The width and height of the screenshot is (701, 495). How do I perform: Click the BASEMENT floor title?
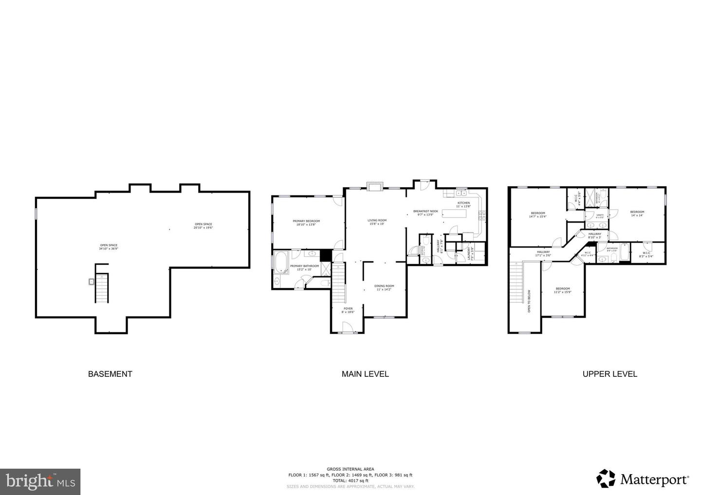point(110,374)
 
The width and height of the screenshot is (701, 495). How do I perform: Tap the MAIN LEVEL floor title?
point(365,374)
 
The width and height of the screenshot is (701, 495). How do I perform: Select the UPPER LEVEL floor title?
point(610,374)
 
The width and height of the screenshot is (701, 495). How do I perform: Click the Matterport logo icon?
point(606,478)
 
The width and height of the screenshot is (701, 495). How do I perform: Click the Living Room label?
point(377,222)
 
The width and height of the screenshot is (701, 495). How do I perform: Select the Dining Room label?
point(384,287)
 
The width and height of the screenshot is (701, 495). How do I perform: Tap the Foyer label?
point(348,310)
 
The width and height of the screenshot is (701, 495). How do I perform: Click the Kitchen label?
point(463,204)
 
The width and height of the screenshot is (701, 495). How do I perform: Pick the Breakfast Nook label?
point(425,212)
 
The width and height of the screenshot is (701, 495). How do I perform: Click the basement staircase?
point(102,288)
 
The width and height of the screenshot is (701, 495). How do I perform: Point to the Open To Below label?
point(529,301)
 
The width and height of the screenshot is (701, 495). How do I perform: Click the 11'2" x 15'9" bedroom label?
point(563,290)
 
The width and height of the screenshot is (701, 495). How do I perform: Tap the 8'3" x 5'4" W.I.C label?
point(646,254)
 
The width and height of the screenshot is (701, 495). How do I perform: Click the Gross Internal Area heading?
point(350,469)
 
